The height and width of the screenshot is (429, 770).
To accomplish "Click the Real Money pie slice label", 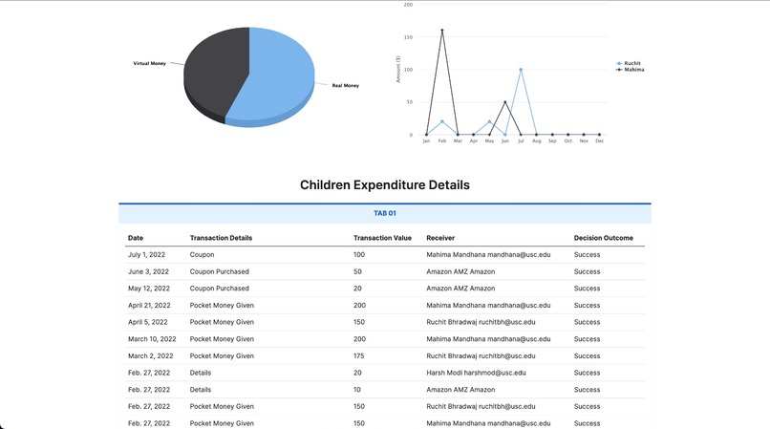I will (x=345, y=86).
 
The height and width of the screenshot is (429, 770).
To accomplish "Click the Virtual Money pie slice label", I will (x=149, y=63).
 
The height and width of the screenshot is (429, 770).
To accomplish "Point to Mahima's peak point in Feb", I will (x=441, y=31).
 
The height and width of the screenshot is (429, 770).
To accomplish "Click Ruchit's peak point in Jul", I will (x=521, y=70).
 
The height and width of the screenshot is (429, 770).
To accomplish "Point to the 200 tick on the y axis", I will (x=408, y=5).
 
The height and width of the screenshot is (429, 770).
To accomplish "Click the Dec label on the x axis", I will (x=599, y=141).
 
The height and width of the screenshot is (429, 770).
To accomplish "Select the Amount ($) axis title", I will (x=398, y=70).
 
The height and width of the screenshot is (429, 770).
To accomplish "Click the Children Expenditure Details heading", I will (x=385, y=184).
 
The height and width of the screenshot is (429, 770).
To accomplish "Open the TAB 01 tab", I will (x=385, y=213).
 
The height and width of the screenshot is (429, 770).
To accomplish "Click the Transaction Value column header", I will (x=382, y=237).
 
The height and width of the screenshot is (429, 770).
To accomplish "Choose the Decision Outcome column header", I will (x=603, y=237).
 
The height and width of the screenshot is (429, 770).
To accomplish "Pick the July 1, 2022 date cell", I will (x=147, y=255).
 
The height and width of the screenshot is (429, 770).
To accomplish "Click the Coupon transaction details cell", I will (x=202, y=255).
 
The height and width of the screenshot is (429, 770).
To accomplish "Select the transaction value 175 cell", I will (x=359, y=355).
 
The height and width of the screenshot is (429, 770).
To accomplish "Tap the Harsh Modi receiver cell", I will (x=476, y=373).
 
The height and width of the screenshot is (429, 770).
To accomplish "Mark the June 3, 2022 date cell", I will (x=148, y=271).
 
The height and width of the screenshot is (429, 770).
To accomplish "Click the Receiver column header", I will (x=440, y=237).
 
